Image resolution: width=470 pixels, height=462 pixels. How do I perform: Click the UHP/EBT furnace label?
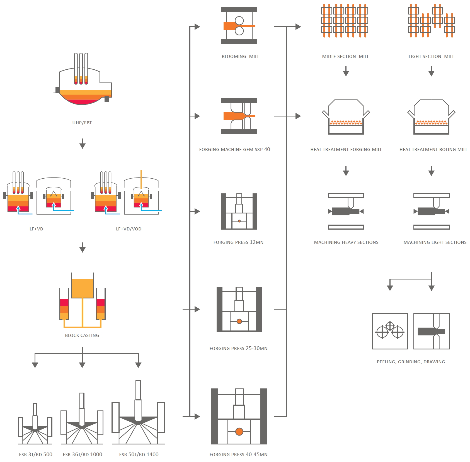click(82, 123)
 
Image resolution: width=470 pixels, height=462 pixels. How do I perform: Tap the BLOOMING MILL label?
click(240, 56)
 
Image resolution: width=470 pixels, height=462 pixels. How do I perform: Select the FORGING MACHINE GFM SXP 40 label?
click(234, 149)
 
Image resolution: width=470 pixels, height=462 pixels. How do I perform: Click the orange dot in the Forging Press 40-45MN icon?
click(239, 431)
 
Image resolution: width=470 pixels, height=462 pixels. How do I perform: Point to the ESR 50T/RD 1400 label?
click(139, 454)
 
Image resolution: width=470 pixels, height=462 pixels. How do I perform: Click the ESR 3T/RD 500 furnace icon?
click(35, 424)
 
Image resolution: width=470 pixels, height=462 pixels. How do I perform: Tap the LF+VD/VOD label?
click(129, 229)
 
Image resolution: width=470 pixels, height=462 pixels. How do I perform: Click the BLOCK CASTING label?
click(82, 335)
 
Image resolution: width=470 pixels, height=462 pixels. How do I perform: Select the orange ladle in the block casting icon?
click(83, 288)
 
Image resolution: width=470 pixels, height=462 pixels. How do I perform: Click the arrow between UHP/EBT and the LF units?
click(82, 144)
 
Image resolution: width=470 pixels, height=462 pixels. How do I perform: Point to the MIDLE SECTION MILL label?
click(345, 56)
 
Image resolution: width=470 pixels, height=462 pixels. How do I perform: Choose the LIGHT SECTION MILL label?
click(431, 56)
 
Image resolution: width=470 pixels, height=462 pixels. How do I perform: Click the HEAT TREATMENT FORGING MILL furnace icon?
click(346, 117)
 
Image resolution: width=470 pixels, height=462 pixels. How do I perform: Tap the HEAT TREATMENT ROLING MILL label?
click(433, 149)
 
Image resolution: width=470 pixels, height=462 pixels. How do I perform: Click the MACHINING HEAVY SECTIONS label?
click(346, 242)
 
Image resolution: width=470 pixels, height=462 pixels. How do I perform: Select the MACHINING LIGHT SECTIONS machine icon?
click(431, 211)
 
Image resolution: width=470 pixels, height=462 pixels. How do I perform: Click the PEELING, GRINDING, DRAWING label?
click(411, 362)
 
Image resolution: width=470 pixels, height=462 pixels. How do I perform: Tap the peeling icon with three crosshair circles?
click(390, 331)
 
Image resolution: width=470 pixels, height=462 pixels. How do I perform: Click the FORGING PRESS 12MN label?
click(238, 242)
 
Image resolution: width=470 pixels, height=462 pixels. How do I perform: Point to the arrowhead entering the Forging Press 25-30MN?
click(197, 309)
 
